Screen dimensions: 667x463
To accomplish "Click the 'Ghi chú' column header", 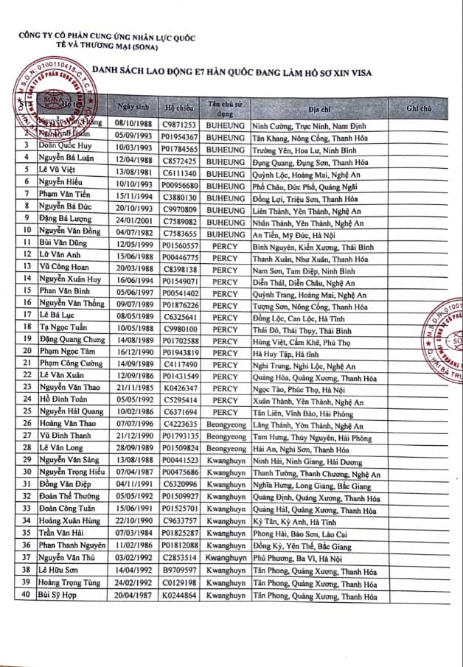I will click(418, 108).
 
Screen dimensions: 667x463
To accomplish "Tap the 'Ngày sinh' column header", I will click(135, 108).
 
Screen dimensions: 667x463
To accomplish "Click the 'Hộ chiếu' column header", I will click(179, 108).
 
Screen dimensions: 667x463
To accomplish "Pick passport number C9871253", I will click(180, 125).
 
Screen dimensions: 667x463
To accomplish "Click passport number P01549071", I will click(180, 282).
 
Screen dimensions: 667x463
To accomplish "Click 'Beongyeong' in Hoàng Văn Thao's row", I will click(225, 425).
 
